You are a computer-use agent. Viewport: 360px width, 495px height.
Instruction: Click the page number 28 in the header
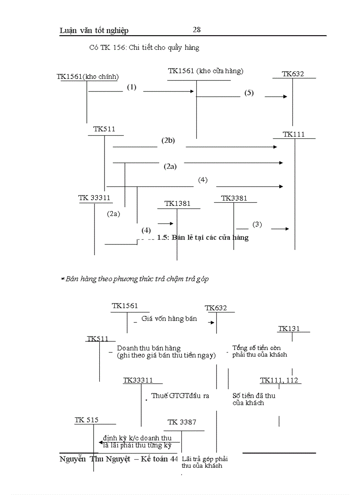197,30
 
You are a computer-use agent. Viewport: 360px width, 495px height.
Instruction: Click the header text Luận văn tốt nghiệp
94,30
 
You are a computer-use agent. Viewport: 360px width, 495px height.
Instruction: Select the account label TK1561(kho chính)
88,77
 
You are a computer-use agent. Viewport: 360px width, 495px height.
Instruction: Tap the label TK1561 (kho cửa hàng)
206,71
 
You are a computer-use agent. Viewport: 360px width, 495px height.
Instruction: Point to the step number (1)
131,87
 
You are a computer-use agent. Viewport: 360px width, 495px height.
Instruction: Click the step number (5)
249,93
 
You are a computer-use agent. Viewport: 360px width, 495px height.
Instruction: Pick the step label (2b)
168,141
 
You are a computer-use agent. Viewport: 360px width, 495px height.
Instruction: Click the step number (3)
257,224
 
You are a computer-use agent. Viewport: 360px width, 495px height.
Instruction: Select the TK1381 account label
177,204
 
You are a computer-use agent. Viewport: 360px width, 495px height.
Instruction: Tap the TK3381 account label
234,198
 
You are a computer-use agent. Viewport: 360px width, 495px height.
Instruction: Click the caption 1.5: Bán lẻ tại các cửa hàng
203,238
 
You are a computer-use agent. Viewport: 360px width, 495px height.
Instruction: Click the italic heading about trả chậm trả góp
135,279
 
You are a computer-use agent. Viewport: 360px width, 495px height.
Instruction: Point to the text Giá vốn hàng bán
169,319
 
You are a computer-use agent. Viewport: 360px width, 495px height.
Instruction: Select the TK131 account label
289,329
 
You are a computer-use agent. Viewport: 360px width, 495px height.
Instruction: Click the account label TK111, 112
279,380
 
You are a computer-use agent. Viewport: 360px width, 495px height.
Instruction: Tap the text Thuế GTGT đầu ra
180,396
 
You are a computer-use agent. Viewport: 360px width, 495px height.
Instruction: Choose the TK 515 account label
86,421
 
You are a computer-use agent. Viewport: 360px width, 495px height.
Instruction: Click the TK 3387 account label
182,422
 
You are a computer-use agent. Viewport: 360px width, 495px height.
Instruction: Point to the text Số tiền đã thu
254,396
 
